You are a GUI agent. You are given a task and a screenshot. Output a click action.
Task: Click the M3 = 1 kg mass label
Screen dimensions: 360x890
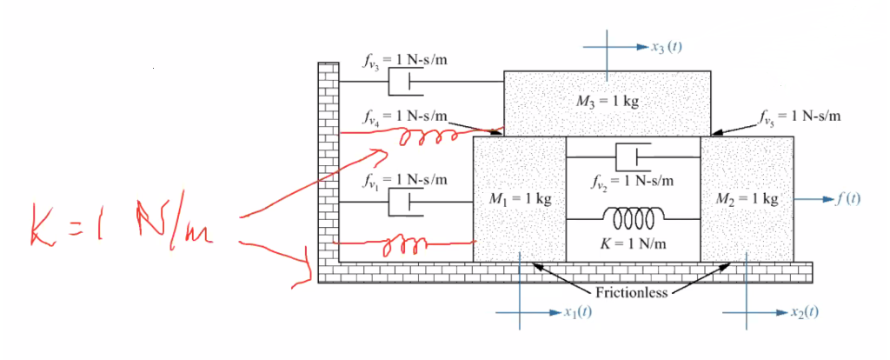pyautogui.click(x=608, y=101)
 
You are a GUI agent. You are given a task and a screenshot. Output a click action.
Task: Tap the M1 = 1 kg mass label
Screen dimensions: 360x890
pyautogui.click(x=519, y=199)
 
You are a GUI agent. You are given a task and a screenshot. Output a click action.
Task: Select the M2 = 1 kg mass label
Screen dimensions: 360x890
pyautogui.click(x=745, y=199)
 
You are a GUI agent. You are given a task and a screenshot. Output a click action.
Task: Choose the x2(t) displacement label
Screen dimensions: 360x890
pyautogui.click(x=803, y=311)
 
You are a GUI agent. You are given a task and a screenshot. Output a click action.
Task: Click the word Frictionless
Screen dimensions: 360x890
pyautogui.click(x=632, y=292)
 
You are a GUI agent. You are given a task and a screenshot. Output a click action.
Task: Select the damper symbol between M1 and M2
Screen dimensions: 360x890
pyautogui.click(x=633, y=157)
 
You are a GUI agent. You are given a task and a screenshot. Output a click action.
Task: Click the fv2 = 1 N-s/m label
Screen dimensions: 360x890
pyautogui.click(x=632, y=182)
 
